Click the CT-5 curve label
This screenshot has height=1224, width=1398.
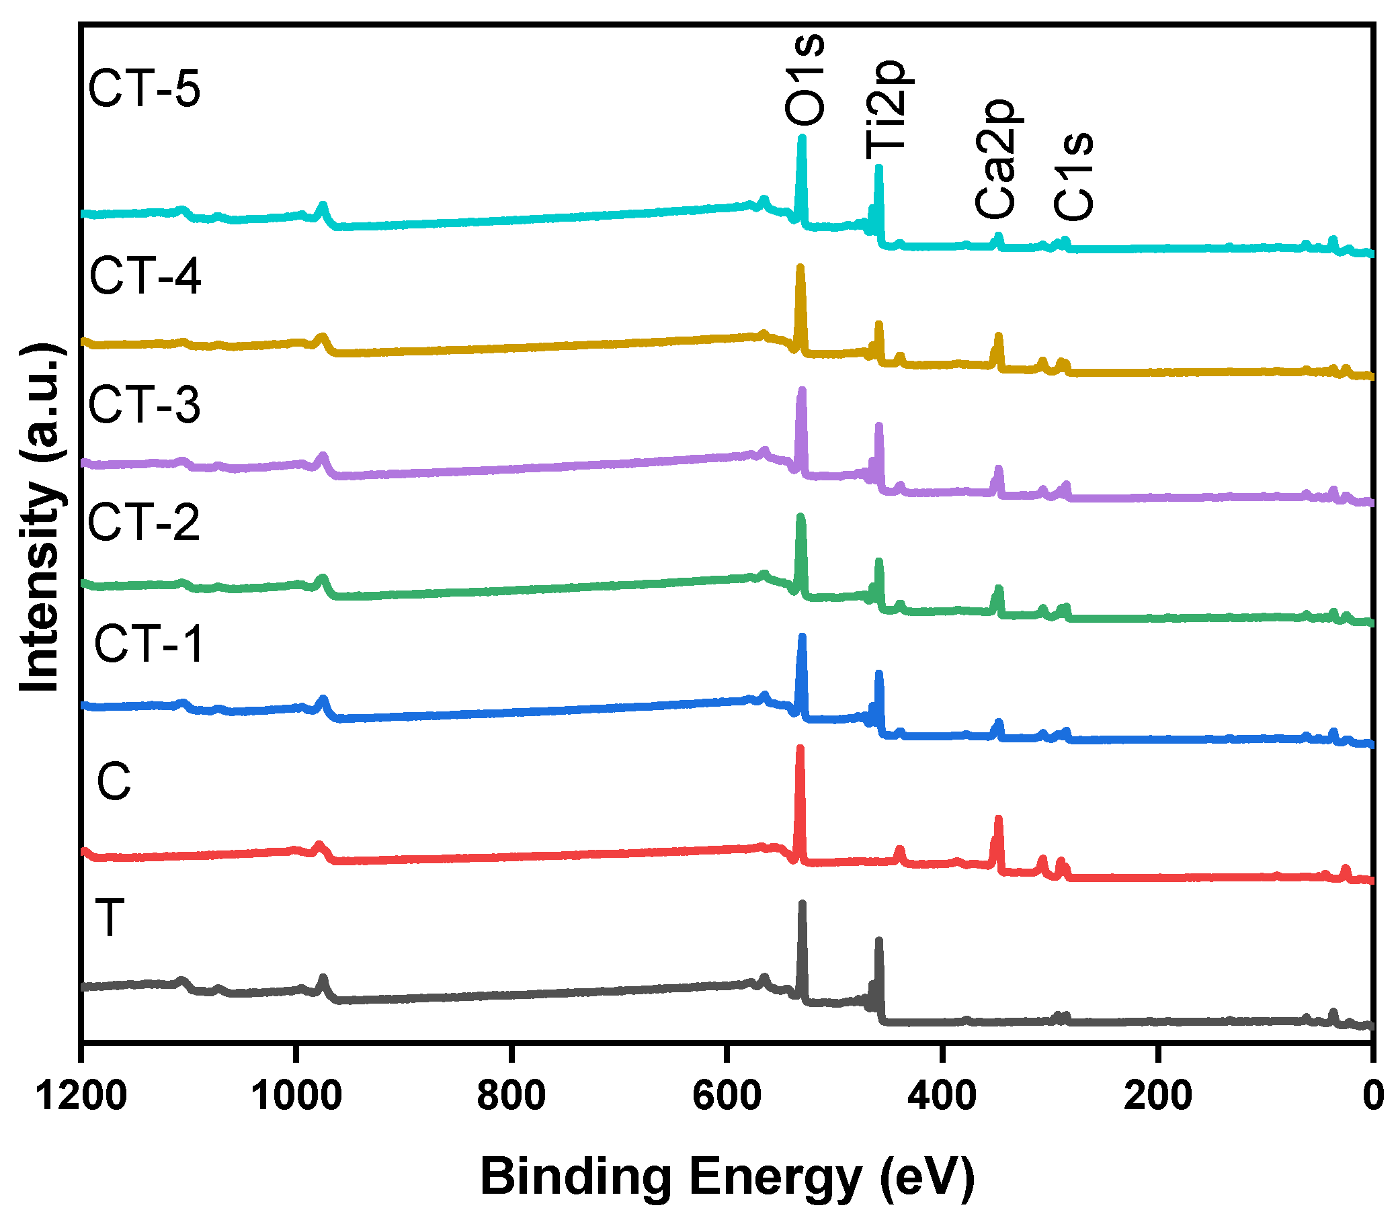point(145,89)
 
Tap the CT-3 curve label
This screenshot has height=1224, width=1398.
point(145,405)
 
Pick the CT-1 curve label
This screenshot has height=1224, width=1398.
point(149,644)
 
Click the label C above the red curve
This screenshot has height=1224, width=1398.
point(114,781)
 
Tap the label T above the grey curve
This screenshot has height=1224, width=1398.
point(110,917)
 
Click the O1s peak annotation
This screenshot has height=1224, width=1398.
point(805,81)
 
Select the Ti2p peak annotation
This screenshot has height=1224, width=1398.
point(886,110)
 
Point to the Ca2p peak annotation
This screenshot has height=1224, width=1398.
point(995,159)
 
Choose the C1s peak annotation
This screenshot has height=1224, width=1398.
point(1073,176)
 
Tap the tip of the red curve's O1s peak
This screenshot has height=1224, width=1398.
point(800,748)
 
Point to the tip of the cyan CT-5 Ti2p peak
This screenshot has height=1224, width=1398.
point(878,167)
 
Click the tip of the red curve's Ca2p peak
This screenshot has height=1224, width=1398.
point(998,818)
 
